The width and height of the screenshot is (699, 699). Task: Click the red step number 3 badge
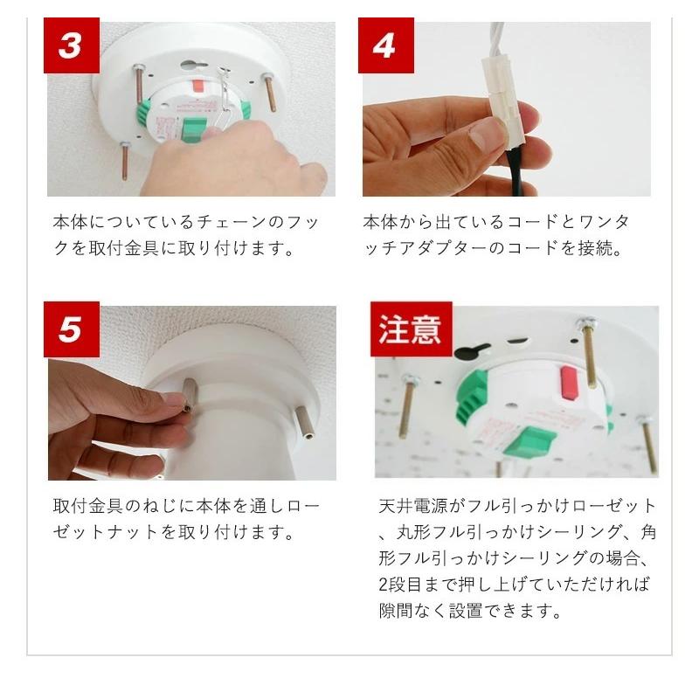point(72,45)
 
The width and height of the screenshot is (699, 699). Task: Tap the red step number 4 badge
point(386,45)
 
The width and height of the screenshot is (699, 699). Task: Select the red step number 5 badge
point(72,329)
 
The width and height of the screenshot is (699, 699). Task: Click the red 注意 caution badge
point(411,329)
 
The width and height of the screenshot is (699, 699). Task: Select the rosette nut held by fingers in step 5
point(190,396)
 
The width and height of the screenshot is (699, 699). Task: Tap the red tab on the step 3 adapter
point(198,85)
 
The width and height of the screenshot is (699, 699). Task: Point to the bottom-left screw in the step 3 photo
point(125,161)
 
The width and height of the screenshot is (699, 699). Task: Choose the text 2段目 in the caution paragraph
point(400,585)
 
